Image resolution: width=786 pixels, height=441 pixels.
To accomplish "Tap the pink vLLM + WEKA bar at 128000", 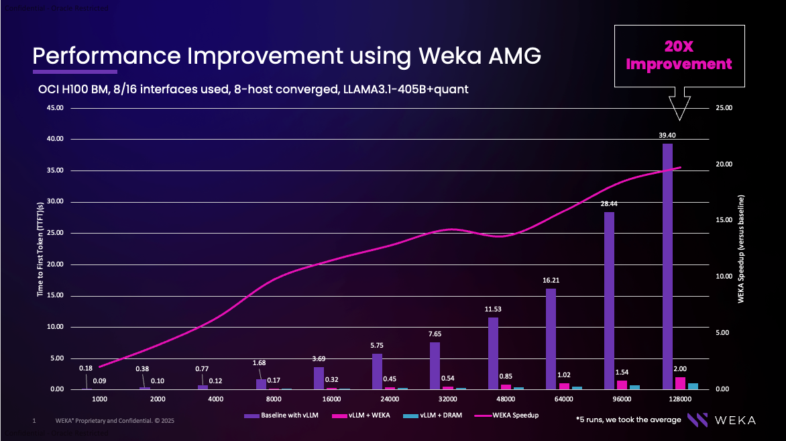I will click(680, 383).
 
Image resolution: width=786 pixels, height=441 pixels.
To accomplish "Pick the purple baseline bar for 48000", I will click(493, 353).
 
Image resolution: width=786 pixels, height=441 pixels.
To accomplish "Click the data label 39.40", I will click(667, 136).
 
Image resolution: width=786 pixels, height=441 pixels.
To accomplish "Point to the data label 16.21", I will click(551, 281).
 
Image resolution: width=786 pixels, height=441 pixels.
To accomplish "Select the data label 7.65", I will click(435, 334).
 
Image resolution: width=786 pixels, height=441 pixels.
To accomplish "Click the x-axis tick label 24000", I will click(390, 399).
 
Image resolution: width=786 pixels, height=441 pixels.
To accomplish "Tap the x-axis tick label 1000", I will click(99, 399).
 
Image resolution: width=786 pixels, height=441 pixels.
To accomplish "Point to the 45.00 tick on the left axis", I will click(55, 107).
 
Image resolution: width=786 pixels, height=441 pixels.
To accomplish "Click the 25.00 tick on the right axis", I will click(725, 107).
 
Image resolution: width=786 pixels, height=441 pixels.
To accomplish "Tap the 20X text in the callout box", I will click(679, 46).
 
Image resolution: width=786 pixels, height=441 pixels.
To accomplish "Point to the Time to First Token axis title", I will click(40, 249).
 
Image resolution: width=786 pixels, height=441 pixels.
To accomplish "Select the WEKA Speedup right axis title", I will click(742, 249).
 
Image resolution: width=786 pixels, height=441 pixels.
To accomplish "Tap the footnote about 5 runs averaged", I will click(628, 420).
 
